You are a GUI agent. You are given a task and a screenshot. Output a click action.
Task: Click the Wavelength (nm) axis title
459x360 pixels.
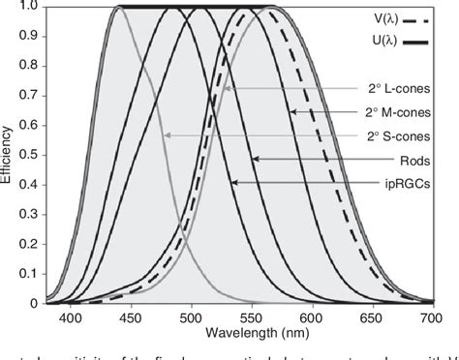pyautogui.click(x=250, y=334)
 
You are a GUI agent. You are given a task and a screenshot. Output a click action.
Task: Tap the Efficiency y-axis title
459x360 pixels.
pyautogui.click(x=9, y=155)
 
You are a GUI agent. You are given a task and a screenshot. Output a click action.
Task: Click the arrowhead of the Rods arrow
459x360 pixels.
pyautogui.click(x=254, y=158)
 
